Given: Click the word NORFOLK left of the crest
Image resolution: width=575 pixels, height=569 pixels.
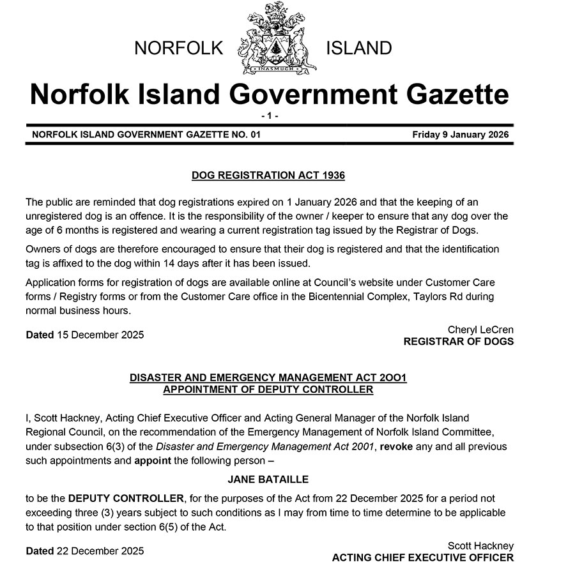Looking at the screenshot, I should (178, 48).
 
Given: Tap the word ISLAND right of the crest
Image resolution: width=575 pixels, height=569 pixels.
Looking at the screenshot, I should (358, 48).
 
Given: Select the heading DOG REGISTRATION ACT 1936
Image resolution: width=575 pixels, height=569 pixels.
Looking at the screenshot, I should (268, 174).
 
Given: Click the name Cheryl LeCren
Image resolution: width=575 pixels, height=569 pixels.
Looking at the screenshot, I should (480, 330).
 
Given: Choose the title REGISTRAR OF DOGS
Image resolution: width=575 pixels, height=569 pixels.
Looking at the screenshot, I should (458, 342).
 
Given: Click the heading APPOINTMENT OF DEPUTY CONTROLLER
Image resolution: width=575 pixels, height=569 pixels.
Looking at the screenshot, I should (268, 389).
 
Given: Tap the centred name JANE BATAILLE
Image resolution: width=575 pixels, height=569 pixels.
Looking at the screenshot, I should (268, 478).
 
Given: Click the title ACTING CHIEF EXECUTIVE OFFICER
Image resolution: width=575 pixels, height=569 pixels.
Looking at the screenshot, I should (423, 558).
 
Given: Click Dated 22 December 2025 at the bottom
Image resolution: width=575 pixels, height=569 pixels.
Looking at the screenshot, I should (85, 550).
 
